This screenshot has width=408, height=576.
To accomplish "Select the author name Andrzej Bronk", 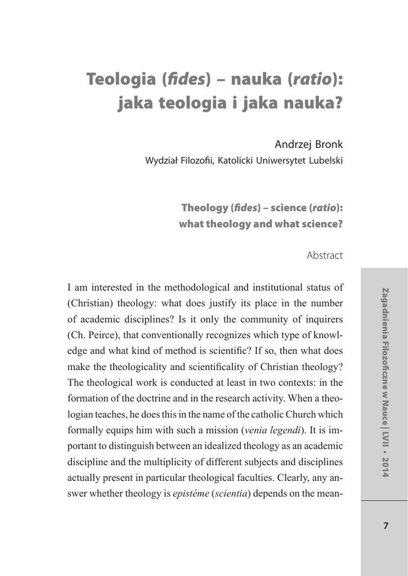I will (308, 144).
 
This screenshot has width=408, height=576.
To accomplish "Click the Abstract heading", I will (325, 255).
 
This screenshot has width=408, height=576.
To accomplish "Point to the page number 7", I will (385, 526).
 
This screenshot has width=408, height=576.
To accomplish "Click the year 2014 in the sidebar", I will (385, 467).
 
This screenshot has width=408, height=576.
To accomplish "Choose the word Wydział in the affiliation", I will (162, 161).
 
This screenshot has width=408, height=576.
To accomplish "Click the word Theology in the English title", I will (204, 208).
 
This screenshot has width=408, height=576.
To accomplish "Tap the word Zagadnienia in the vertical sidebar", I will (385, 311).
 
